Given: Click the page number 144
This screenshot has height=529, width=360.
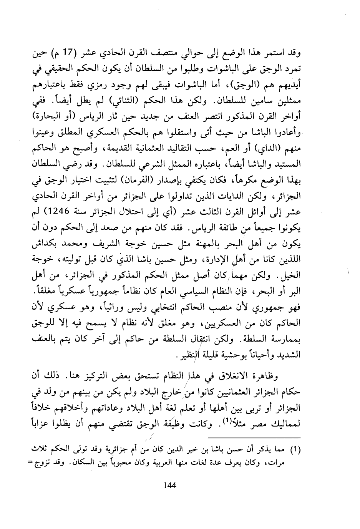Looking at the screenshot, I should (x=169, y=485).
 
